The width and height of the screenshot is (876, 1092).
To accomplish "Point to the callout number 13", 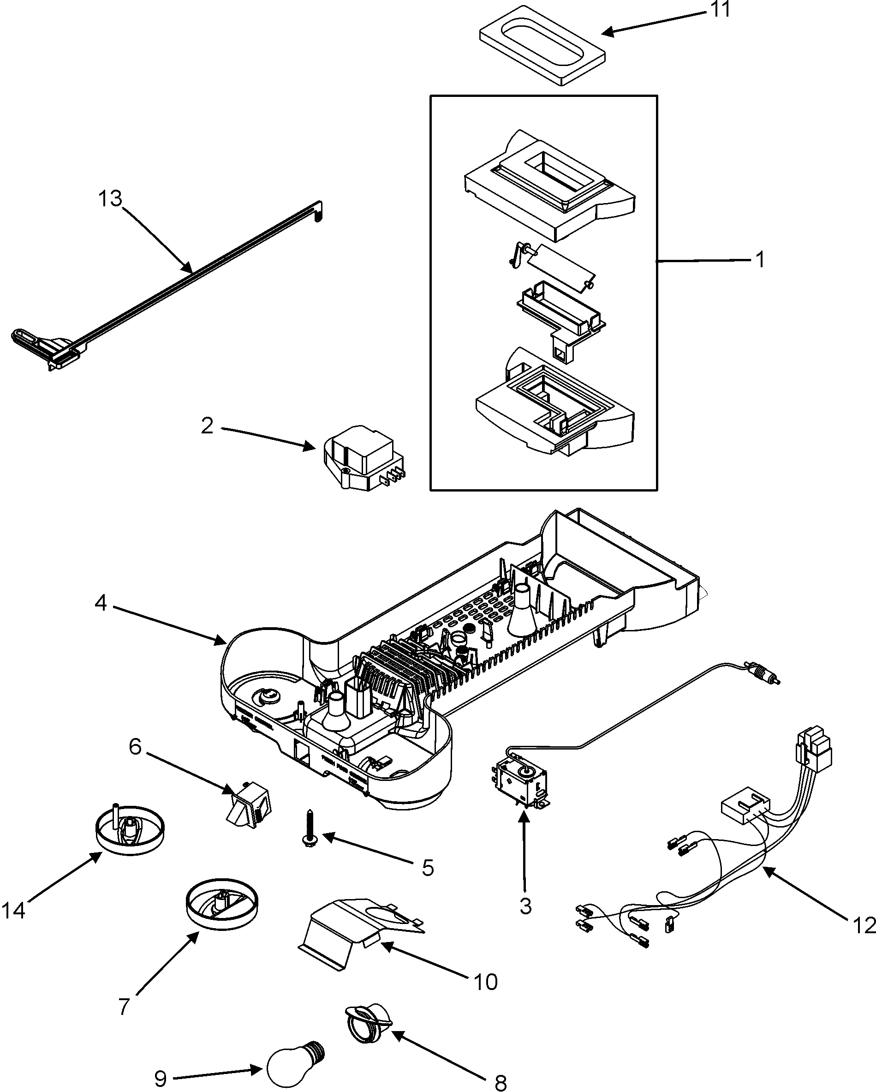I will [110, 199].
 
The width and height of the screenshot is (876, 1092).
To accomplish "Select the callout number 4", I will [101, 603].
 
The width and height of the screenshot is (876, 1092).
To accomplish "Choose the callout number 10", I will [486, 982].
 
